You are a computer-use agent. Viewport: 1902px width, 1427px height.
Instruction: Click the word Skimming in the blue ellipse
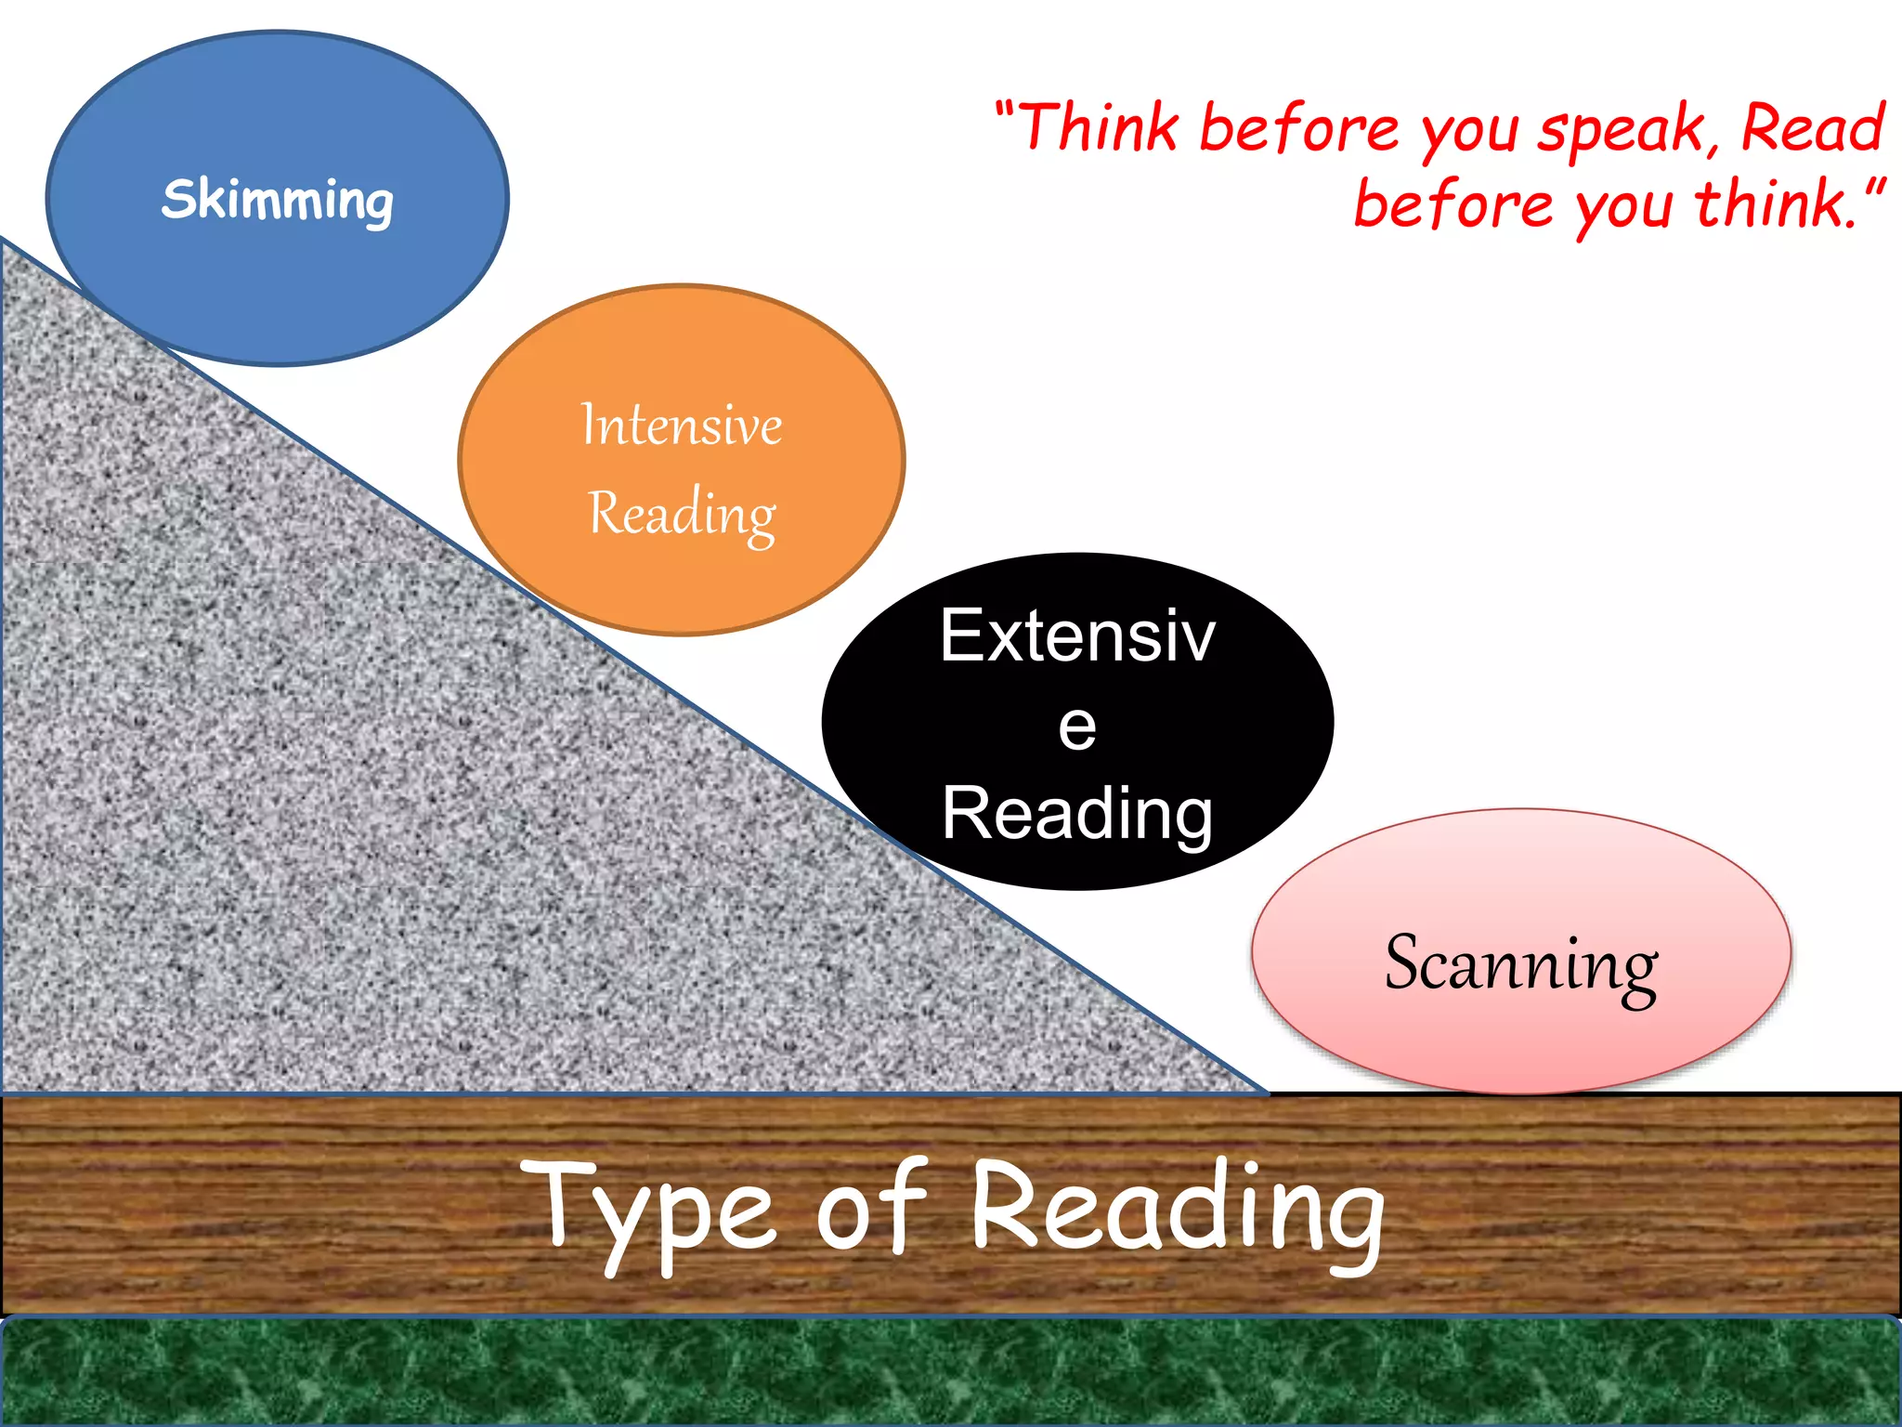pos(278,200)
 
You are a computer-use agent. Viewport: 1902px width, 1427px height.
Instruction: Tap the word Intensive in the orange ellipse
pos(682,425)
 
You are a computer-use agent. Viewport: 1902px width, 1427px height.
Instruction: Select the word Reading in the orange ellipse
pos(682,514)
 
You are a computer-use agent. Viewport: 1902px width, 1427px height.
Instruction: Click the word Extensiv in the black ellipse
pos(1077,636)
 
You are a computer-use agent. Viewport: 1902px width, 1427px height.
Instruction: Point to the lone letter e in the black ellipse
pos(1077,727)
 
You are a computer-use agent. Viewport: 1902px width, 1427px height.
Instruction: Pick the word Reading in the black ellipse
pos(1077,814)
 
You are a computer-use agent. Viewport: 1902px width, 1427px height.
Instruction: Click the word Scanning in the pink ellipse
pos(1520,964)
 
